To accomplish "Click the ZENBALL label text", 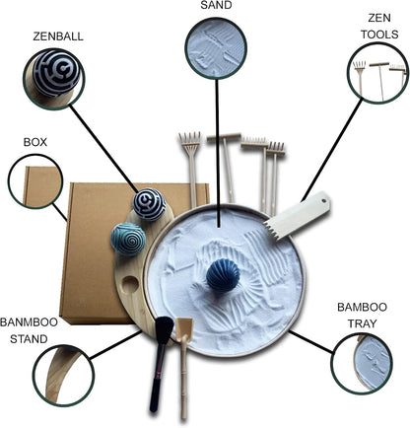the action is (x=58, y=36).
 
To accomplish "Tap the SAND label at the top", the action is (x=216, y=5).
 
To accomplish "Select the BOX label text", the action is (x=35, y=142).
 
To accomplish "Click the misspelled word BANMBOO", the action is (x=29, y=322).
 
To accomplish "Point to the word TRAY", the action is (x=362, y=323).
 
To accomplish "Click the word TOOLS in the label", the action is (x=379, y=35).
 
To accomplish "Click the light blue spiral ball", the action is (x=128, y=239).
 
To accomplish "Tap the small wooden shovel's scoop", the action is (x=182, y=327).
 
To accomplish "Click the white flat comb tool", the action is (x=297, y=215).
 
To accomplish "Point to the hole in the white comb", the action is (x=324, y=199).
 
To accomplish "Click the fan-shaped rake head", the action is (x=190, y=141).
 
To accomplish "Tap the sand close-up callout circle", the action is (x=216, y=48).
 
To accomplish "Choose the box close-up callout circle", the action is (x=35, y=181).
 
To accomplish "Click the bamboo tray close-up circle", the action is (x=362, y=363).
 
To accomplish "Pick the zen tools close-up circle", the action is (x=377, y=74).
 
